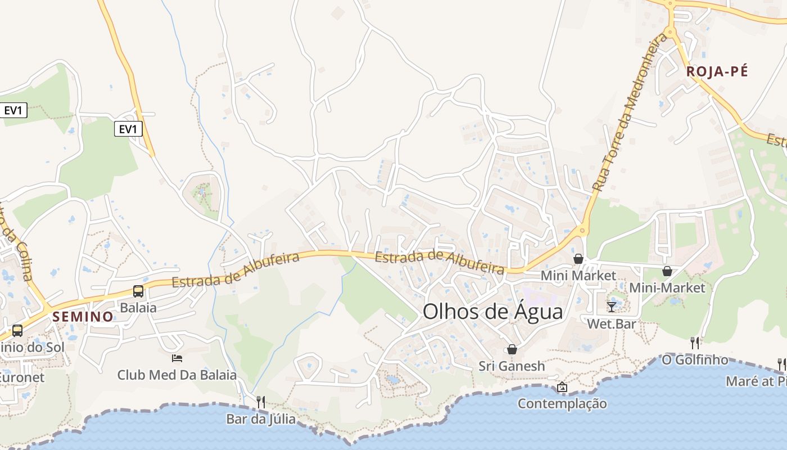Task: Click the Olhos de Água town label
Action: (x=492, y=311)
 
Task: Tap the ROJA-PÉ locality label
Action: (x=717, y=71)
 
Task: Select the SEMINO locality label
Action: (x=83, y=317)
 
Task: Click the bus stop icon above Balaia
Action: (x=138, y=291)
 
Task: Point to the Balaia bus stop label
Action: (x=138, y=308)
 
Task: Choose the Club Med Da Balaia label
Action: (x=177, y=375)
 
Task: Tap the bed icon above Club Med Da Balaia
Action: (x=177, y=358)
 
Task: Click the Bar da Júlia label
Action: (x=261, y=419)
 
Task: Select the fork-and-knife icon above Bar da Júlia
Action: (x=261, y=402)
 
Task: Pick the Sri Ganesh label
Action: (x=512, y=366)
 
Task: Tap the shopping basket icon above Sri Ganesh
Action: (x=512, y=349)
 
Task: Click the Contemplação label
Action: (x=562, y=403)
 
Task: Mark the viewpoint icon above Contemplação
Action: (x=562, y=387)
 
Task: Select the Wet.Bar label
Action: (x=612, y=324)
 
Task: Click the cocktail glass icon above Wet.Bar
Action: (x=612, y=307)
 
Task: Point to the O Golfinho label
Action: (x=695, y=359)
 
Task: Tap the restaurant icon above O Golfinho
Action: (x=695, y=343)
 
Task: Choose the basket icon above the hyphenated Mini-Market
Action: (x=667, y=271)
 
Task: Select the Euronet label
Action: (x=21, y=377)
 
